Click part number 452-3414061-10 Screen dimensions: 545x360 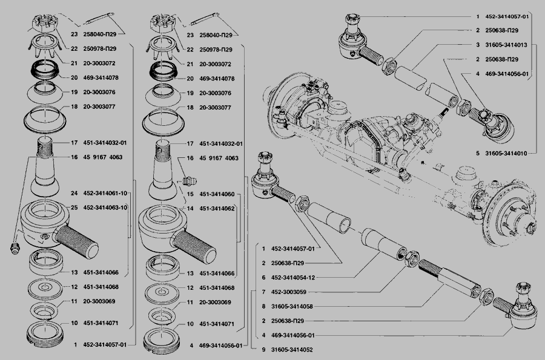click(105, 194)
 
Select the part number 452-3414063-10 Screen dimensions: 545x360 click(105, 208)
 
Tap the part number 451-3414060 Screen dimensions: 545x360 click(217, 194)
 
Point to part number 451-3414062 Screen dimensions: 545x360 click(217, 209)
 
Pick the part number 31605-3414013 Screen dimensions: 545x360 click(506, 45)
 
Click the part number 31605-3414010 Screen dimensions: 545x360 click(506, 153)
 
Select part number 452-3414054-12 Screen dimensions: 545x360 click(293, 277)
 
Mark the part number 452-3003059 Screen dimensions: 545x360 click(289, 292)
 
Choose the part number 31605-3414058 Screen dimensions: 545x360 click(292, 306)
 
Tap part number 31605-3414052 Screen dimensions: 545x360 click(292, 350)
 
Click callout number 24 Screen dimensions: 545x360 click(74, 194)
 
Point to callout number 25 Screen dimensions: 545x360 click(74, 208)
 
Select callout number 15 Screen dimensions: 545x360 click(190, 194)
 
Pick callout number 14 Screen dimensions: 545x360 click(190, 209)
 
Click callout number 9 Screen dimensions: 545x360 click(263, 350)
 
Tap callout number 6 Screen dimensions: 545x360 click(263, 277)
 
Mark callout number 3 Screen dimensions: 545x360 click(478, 45)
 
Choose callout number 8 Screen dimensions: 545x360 click(263, 306)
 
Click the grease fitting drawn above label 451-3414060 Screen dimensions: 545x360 click(190, 182)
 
